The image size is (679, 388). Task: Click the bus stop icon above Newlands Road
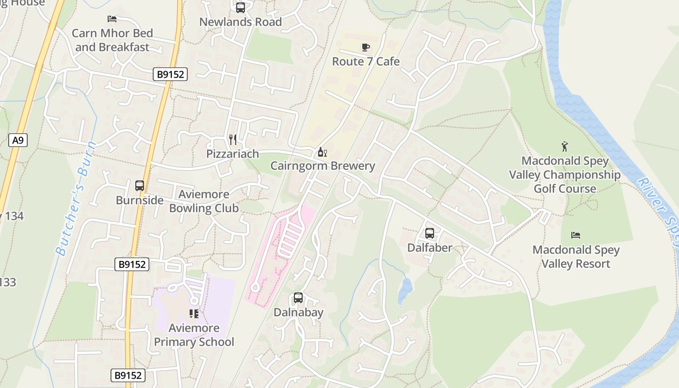pos(241,8)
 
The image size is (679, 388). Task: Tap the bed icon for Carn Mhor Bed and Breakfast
pos(112,19)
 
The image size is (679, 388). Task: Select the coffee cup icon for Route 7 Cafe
pos(366,47)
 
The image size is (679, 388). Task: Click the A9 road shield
pos(18,141)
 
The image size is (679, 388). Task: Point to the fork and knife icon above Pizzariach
pos(233,140)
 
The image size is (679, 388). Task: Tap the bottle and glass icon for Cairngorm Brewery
pos(322,152)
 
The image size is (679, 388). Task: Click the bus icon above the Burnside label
pos(140,186)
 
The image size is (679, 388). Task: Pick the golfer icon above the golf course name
pos(565,146)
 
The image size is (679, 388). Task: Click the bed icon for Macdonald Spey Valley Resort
pos(576,235)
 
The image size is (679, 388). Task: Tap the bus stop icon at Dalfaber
pos(430,233)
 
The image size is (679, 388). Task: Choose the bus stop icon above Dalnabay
pos(298,298)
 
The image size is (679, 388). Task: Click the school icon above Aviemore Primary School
pos(194,314)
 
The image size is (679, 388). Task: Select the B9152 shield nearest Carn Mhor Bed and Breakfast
pos(170,74)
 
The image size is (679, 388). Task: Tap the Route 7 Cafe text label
pos(366,62)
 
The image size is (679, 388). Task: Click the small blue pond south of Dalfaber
pos(405,290)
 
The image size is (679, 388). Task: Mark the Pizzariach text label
pos(233,154)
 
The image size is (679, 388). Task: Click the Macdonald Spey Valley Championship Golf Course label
pos(565,175)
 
